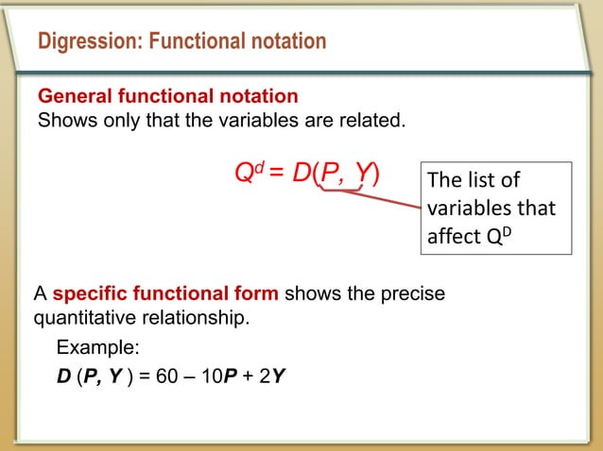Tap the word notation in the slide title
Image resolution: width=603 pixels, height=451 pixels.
click(x=281, y=42)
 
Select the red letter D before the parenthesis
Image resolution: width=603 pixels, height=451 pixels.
click(x=301, y=174)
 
